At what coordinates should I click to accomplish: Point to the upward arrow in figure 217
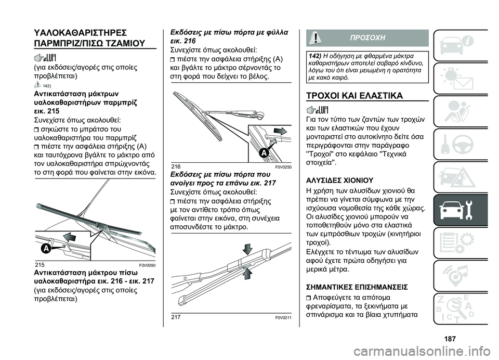click(248, 273)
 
